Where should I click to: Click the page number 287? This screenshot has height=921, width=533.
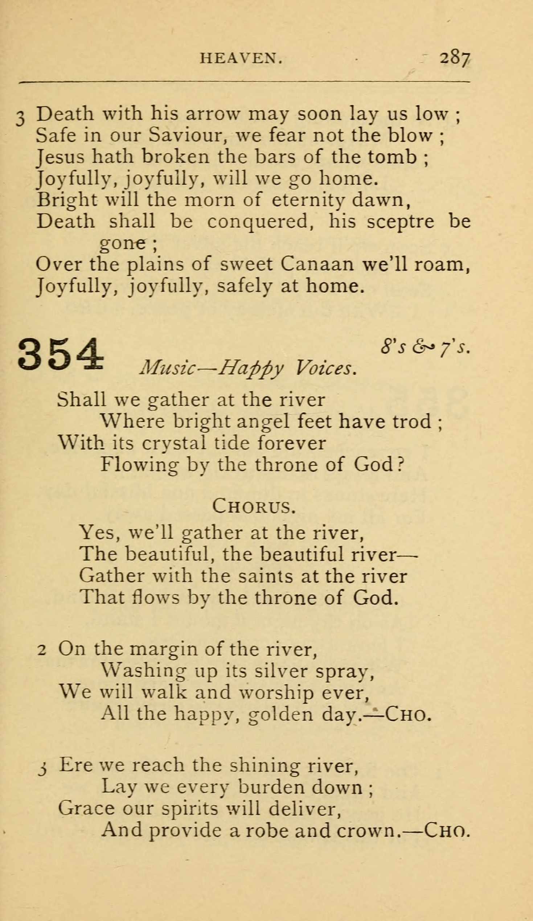[x=455, y=58]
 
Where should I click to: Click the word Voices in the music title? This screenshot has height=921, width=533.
[x=325, y=368]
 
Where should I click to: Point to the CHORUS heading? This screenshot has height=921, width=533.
[x=254, y=506]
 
